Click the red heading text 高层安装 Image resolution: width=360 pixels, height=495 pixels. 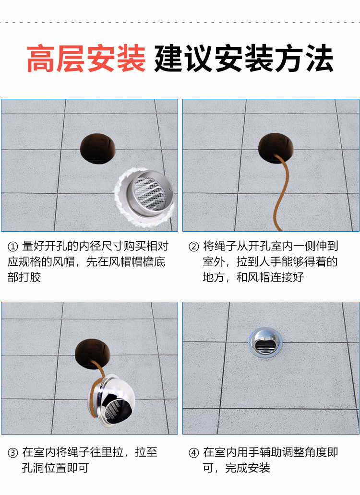86,59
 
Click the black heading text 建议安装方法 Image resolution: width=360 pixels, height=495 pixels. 244,59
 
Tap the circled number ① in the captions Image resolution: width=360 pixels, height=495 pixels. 12,247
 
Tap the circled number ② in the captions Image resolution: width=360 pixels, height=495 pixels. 193,247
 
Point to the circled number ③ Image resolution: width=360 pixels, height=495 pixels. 12,453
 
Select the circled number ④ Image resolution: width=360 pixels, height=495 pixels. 193,453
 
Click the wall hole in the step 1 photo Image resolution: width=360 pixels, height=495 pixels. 98,148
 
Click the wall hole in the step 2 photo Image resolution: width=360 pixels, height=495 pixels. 276,148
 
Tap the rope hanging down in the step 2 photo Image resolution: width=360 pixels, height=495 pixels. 281,192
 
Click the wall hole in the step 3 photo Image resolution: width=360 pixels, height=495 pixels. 93,354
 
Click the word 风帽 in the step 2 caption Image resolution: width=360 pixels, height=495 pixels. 259,277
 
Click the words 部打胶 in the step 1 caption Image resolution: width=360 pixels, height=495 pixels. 24,277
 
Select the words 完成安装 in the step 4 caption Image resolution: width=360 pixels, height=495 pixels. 248,468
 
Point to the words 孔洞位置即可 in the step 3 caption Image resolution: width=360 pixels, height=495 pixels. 55,468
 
